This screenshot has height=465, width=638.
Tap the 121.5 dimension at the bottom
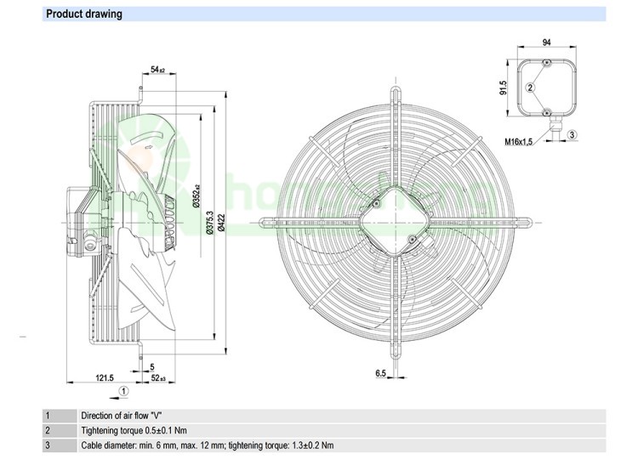tap(103, 377)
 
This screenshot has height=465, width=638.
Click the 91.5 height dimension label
tap(504, 88)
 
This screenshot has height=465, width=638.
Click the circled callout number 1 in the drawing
tap(123, 391)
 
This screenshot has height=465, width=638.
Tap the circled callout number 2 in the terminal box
tap(531, 87)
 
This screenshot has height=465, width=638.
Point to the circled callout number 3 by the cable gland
tap(572, 134)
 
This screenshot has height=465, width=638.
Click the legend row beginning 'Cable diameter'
tap(207, 445)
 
